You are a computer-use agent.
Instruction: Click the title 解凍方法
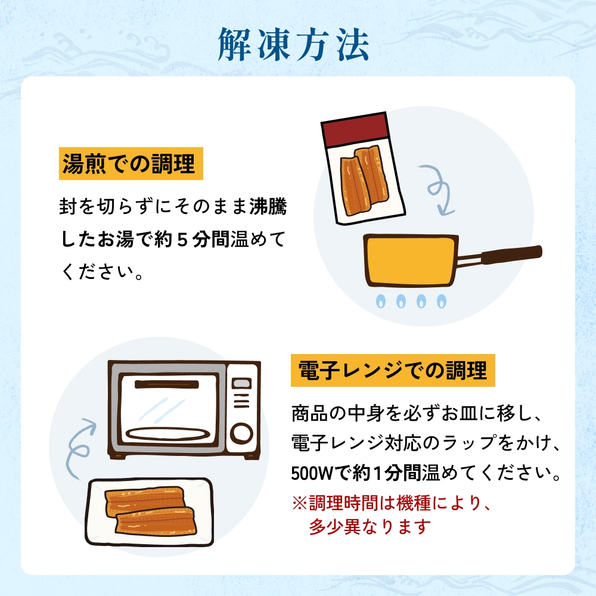294,44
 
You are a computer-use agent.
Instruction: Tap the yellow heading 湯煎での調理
131,163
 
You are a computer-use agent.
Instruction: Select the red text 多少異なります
370,527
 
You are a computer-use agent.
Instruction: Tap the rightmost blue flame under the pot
441,301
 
